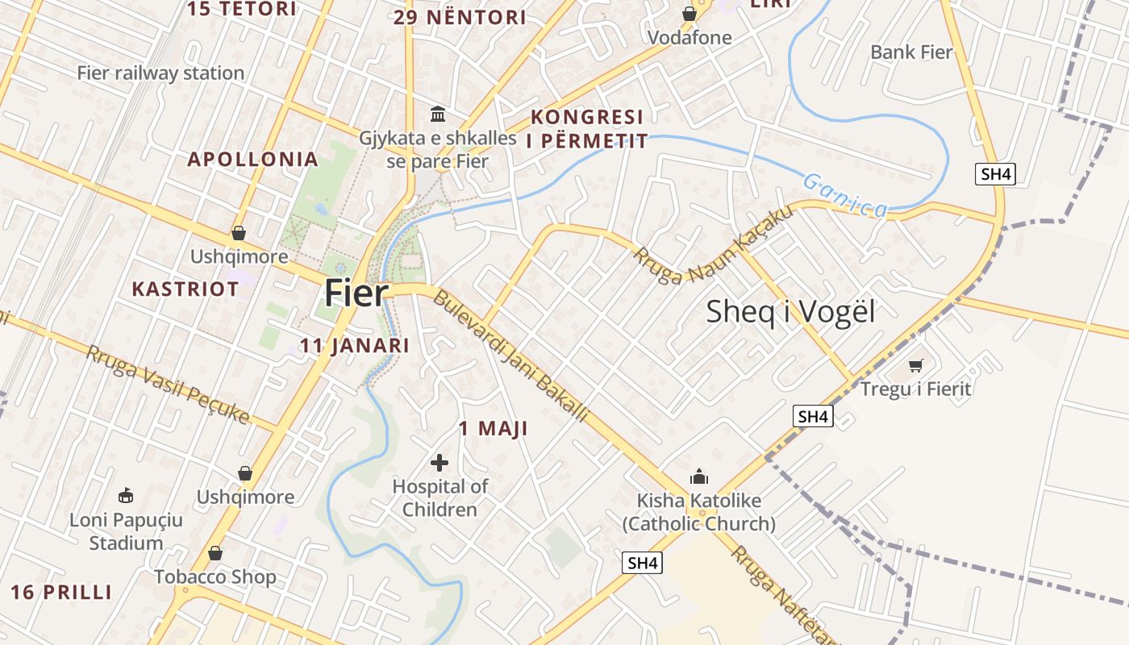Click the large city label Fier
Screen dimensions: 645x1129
(356, 293)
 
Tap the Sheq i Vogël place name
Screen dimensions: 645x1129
(790, 312)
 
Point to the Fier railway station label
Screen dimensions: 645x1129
(160, 73)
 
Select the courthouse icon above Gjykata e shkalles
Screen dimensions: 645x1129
(438, 114)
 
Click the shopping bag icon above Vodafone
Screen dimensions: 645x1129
(689, 14)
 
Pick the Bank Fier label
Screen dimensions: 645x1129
(911, 52)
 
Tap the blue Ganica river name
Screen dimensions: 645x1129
(845, 196)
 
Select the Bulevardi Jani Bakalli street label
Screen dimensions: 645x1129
(511, 356)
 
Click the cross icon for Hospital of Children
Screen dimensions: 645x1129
(440, 463)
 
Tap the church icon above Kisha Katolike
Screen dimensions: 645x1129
(698, 476)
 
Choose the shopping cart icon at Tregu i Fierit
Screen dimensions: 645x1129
(915, 366)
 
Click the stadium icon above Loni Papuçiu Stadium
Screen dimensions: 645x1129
(125, 495)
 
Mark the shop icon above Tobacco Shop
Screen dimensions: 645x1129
(215, 553)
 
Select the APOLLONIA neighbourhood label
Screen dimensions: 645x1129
(253, 160)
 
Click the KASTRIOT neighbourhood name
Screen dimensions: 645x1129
(185, 289)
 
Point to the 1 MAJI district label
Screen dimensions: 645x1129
(494, 429)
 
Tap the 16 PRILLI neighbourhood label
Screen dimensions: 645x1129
(61, 593)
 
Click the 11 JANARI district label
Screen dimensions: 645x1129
(355, 346)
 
